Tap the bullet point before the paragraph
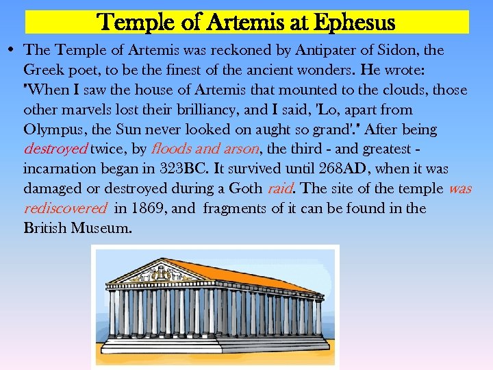pyautogui.click(x=13, y=50)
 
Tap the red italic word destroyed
pyautogui.click(x=55, y=149)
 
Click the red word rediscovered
pyautogui.click(x=65, y=208)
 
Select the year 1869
pyautogui.click(x=149, y=208)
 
